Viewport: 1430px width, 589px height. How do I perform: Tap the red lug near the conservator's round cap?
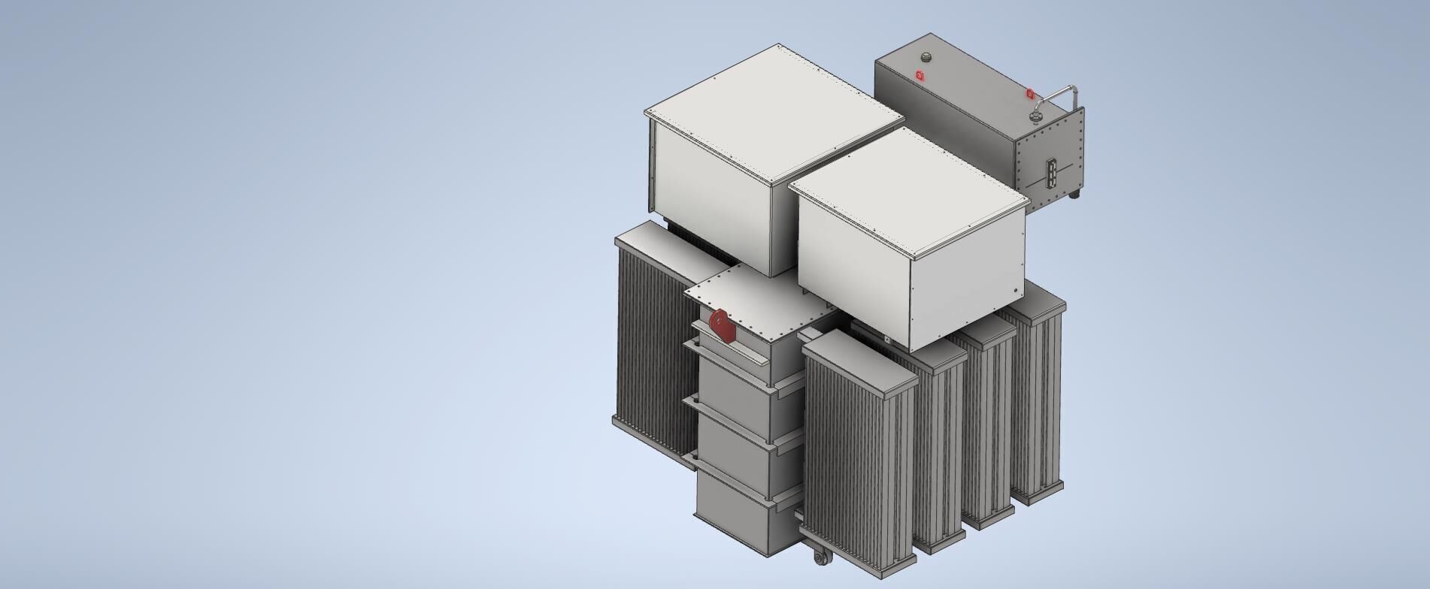click(x=920, y=74)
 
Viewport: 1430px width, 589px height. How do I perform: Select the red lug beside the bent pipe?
click(x=1031, y=94)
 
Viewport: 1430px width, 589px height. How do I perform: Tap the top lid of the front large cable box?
click(x=906, y=192)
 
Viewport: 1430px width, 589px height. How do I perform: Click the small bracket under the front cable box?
click(x=888, y=340)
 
